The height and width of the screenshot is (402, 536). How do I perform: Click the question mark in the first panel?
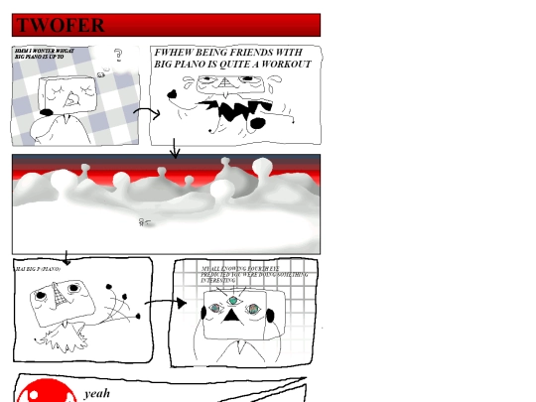point(118,56)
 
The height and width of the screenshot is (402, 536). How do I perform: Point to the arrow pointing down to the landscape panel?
point(175,149)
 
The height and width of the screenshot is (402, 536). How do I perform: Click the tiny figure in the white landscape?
point(144,221)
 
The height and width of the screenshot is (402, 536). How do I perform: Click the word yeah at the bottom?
point(97,394)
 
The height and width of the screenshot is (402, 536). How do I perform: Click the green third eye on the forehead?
point(233,300)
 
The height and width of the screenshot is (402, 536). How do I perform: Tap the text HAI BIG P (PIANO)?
point(39,269)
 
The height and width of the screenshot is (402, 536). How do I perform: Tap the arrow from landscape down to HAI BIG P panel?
point(67,257)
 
